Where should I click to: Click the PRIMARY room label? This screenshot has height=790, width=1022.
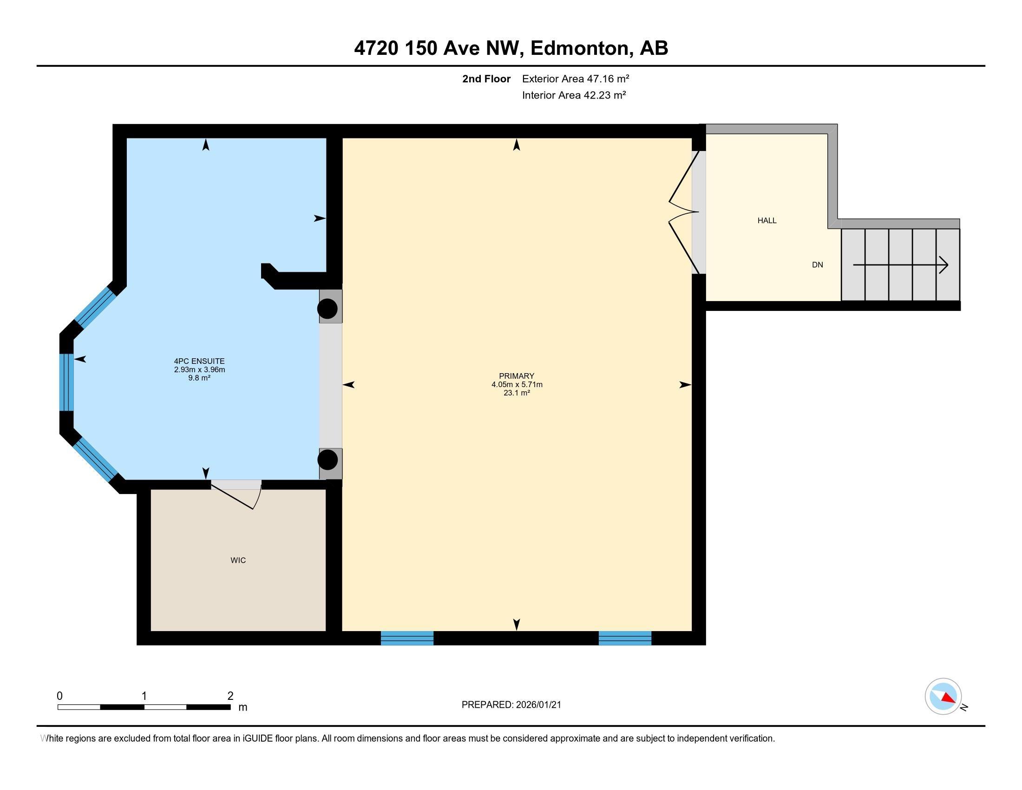tap(517, 376)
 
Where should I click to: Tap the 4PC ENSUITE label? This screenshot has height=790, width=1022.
tap(199, 361)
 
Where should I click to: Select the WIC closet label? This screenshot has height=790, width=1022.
tap(238, 560)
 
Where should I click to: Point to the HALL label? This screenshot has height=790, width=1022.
tap(767, 220)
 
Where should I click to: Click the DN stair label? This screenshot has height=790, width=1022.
tap(818, 265)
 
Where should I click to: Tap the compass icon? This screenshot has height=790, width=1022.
tap(943, 697)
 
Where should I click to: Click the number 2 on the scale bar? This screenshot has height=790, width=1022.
tap(230, 696)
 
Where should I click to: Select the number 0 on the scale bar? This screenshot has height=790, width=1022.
tap(59, 696)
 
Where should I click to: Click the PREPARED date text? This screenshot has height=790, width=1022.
tap(511, 705)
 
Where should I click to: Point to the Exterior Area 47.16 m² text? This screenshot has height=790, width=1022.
tap(576, 79)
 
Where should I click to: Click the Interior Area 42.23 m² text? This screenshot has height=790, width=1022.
tap(574, 95)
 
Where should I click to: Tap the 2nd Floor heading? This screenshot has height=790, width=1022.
tap(486, 79)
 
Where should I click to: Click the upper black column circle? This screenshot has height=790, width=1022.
tap(328, 309)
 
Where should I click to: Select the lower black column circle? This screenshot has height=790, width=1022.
tap(328, 460)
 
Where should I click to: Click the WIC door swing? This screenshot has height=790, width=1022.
tap(236, 495)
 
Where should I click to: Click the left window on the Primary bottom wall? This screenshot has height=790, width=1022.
tap(407, 638)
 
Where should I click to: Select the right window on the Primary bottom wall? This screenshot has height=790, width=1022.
tap(625, 638)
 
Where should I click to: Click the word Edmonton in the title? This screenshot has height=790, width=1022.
tap(580, 48)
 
